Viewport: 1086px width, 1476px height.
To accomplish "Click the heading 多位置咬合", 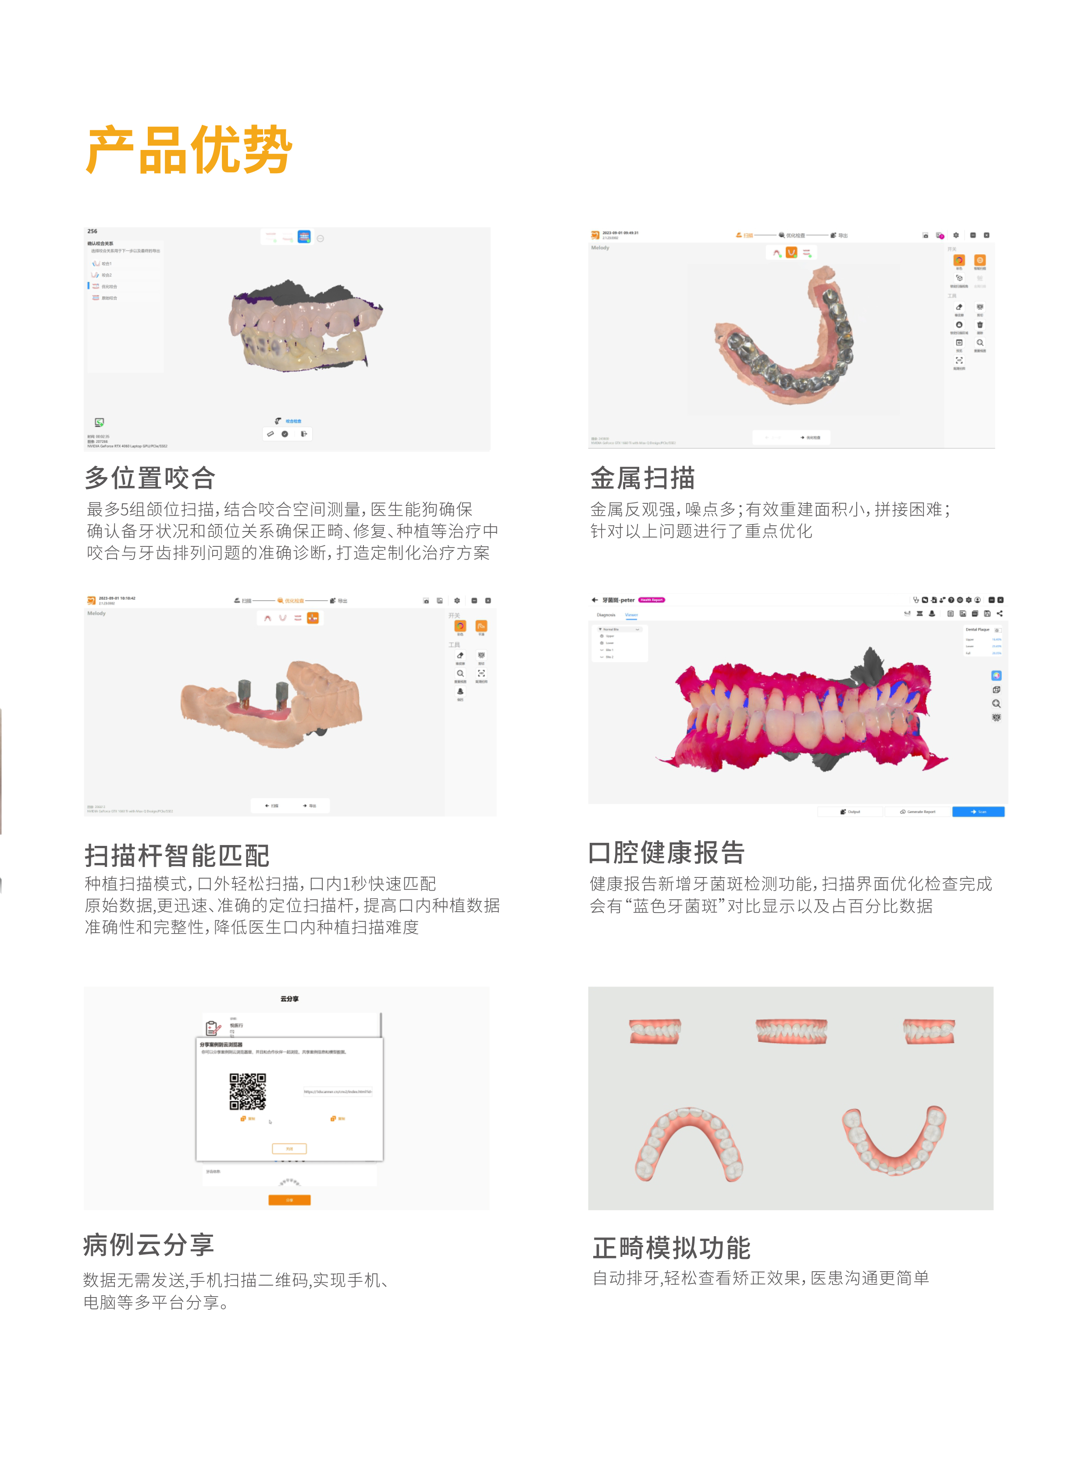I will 150,478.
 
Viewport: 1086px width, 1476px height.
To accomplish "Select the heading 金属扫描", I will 642,478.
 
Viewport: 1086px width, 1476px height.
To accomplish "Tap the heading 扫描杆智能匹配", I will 177,856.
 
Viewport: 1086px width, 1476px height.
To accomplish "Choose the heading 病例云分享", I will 149,1244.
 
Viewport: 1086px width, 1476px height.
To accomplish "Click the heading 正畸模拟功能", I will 671,1247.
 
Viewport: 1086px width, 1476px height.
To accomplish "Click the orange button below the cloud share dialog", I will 289,1200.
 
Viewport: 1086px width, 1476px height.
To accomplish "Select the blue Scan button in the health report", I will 978,811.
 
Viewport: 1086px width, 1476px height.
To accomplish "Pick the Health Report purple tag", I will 652,599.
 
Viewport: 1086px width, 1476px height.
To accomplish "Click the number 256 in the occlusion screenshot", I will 92,232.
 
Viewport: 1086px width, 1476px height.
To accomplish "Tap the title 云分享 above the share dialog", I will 289,998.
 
